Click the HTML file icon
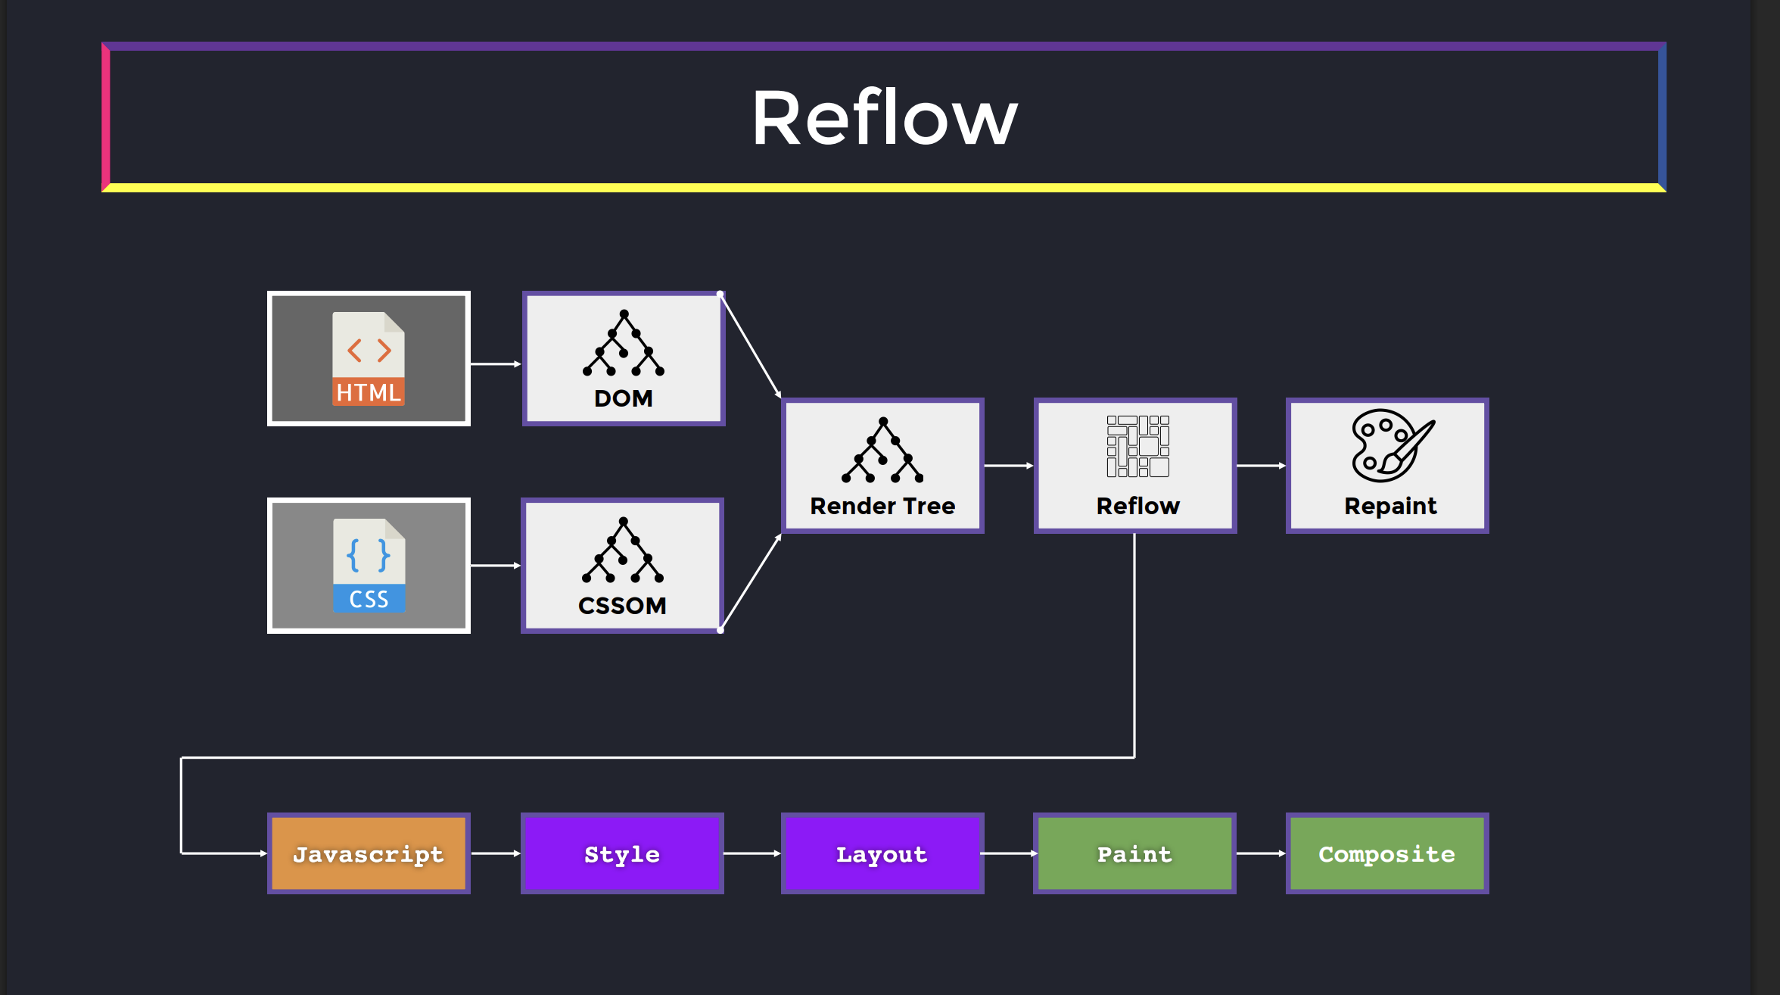click(x=369, y=358)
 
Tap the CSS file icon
click(x=369, y=565)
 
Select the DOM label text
click(x=623, y=398)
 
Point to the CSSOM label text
click(x=622, y=606)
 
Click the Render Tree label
click(x=882, y=506)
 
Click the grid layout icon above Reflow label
click(x=1137, y=446)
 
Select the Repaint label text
click(x=1390, y=506)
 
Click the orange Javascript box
click(x=369, y=853)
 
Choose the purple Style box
click(x=622, y=853)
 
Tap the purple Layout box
click(x=882, y=853)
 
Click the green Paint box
click(x=1134, y=853)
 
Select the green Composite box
click(x=1386, y=853)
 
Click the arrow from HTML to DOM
click(x=496, y=364)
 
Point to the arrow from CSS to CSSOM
click(x=496, y=566)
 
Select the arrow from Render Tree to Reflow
click(x=1009, y=466)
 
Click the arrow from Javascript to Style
click(x=496, y=853)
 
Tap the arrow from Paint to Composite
click(x=1261, y=853)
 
